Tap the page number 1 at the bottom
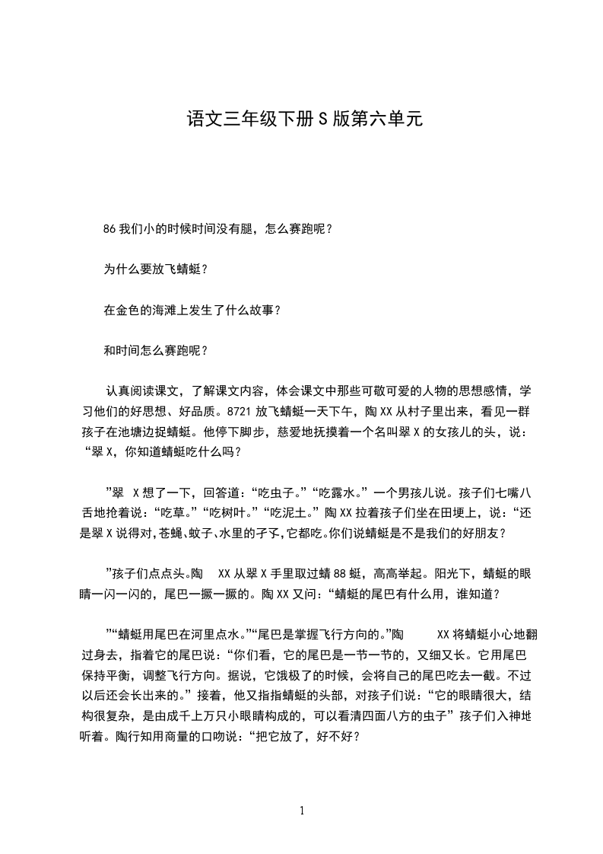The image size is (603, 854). pos(302,811)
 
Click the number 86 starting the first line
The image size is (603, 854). pos(107,228)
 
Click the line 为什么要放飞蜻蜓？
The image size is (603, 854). pos(155,269)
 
